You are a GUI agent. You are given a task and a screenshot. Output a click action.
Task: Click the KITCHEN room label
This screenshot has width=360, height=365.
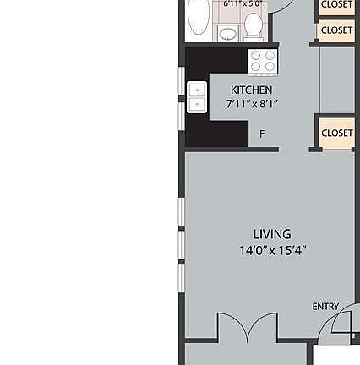(x=252, y=90)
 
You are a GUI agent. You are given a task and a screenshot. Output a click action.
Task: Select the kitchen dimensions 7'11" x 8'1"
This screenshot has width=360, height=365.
(x=252, y=103)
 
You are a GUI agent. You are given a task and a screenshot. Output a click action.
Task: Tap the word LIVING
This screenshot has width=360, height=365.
(x=271, y=234)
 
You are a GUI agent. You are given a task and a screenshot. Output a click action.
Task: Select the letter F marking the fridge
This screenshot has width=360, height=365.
(x=262, y=134)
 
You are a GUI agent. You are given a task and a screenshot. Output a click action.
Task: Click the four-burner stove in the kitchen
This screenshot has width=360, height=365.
(x=262, y=59)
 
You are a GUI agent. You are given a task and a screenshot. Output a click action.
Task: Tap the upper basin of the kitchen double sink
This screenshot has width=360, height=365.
(x=196, y=90)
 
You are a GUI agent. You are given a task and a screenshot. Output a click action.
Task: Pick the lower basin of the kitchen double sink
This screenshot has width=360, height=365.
(x=196, y=105)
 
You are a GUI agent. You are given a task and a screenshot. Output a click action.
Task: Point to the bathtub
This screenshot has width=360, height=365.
(x=198, y=17)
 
